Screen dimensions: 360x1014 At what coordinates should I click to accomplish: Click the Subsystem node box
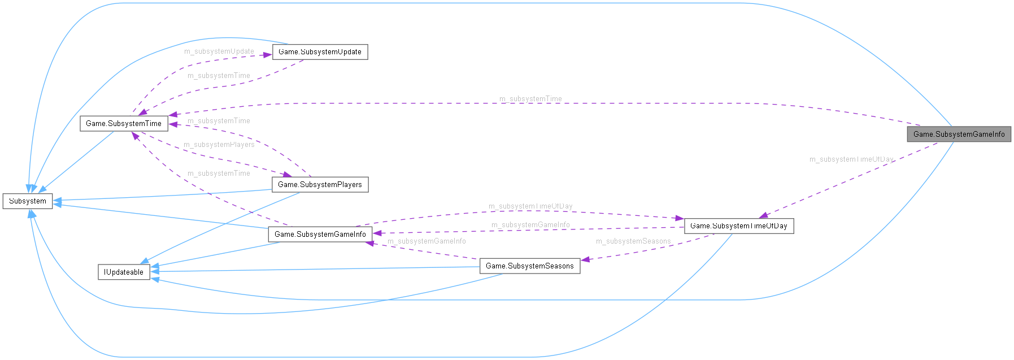[28, 201]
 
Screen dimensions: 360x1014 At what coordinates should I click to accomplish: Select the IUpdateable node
[124, 272]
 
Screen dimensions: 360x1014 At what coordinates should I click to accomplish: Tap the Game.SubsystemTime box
[123, 123]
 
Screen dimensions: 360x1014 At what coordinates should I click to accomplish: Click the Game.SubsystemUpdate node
[320, 52]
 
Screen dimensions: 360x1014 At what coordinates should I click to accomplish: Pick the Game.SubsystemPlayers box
[320, 184]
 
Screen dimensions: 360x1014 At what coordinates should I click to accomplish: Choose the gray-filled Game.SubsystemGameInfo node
[959, 134]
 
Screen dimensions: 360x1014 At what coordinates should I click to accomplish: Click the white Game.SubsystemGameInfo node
[320, 234]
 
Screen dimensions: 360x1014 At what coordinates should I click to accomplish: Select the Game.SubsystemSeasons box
[529, 266]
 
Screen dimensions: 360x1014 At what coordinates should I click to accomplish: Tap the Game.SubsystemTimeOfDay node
[738, 225]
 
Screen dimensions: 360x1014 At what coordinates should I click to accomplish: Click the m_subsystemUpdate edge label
[219, 51]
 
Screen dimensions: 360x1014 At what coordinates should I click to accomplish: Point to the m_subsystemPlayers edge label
[219, 145]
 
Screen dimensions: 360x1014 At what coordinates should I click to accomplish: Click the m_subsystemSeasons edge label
[633, 241]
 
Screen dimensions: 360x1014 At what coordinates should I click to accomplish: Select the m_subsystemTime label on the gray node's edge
[530, 99]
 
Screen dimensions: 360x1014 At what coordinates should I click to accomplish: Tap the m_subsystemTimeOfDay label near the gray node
[851, 159]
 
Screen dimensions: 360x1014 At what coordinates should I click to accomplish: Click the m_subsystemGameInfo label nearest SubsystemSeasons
[427, 241]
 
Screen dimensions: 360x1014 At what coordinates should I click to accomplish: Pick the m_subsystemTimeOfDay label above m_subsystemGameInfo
[530, 206]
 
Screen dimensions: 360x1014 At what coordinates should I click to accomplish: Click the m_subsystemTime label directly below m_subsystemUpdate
[219, 76]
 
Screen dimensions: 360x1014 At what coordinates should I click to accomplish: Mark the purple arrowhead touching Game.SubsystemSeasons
[586, 259]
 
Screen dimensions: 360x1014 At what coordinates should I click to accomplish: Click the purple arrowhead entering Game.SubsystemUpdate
[267, 55]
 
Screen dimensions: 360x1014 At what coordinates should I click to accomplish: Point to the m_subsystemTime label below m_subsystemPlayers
[219, 174]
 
